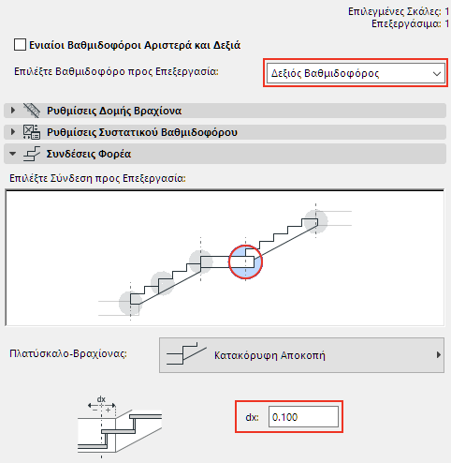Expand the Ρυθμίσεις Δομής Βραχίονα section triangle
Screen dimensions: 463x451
pyautogui.click(x=13, y=110)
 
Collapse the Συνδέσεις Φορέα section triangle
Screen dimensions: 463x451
pyautogui.click(x=13, y=153)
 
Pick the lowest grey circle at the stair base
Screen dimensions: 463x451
pyautogui.click(x=131, y=302)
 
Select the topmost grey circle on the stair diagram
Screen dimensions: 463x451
pyautogui.click(x=316, y=221)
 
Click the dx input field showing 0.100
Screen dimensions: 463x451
pyautogui.click(x=300, y=415)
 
